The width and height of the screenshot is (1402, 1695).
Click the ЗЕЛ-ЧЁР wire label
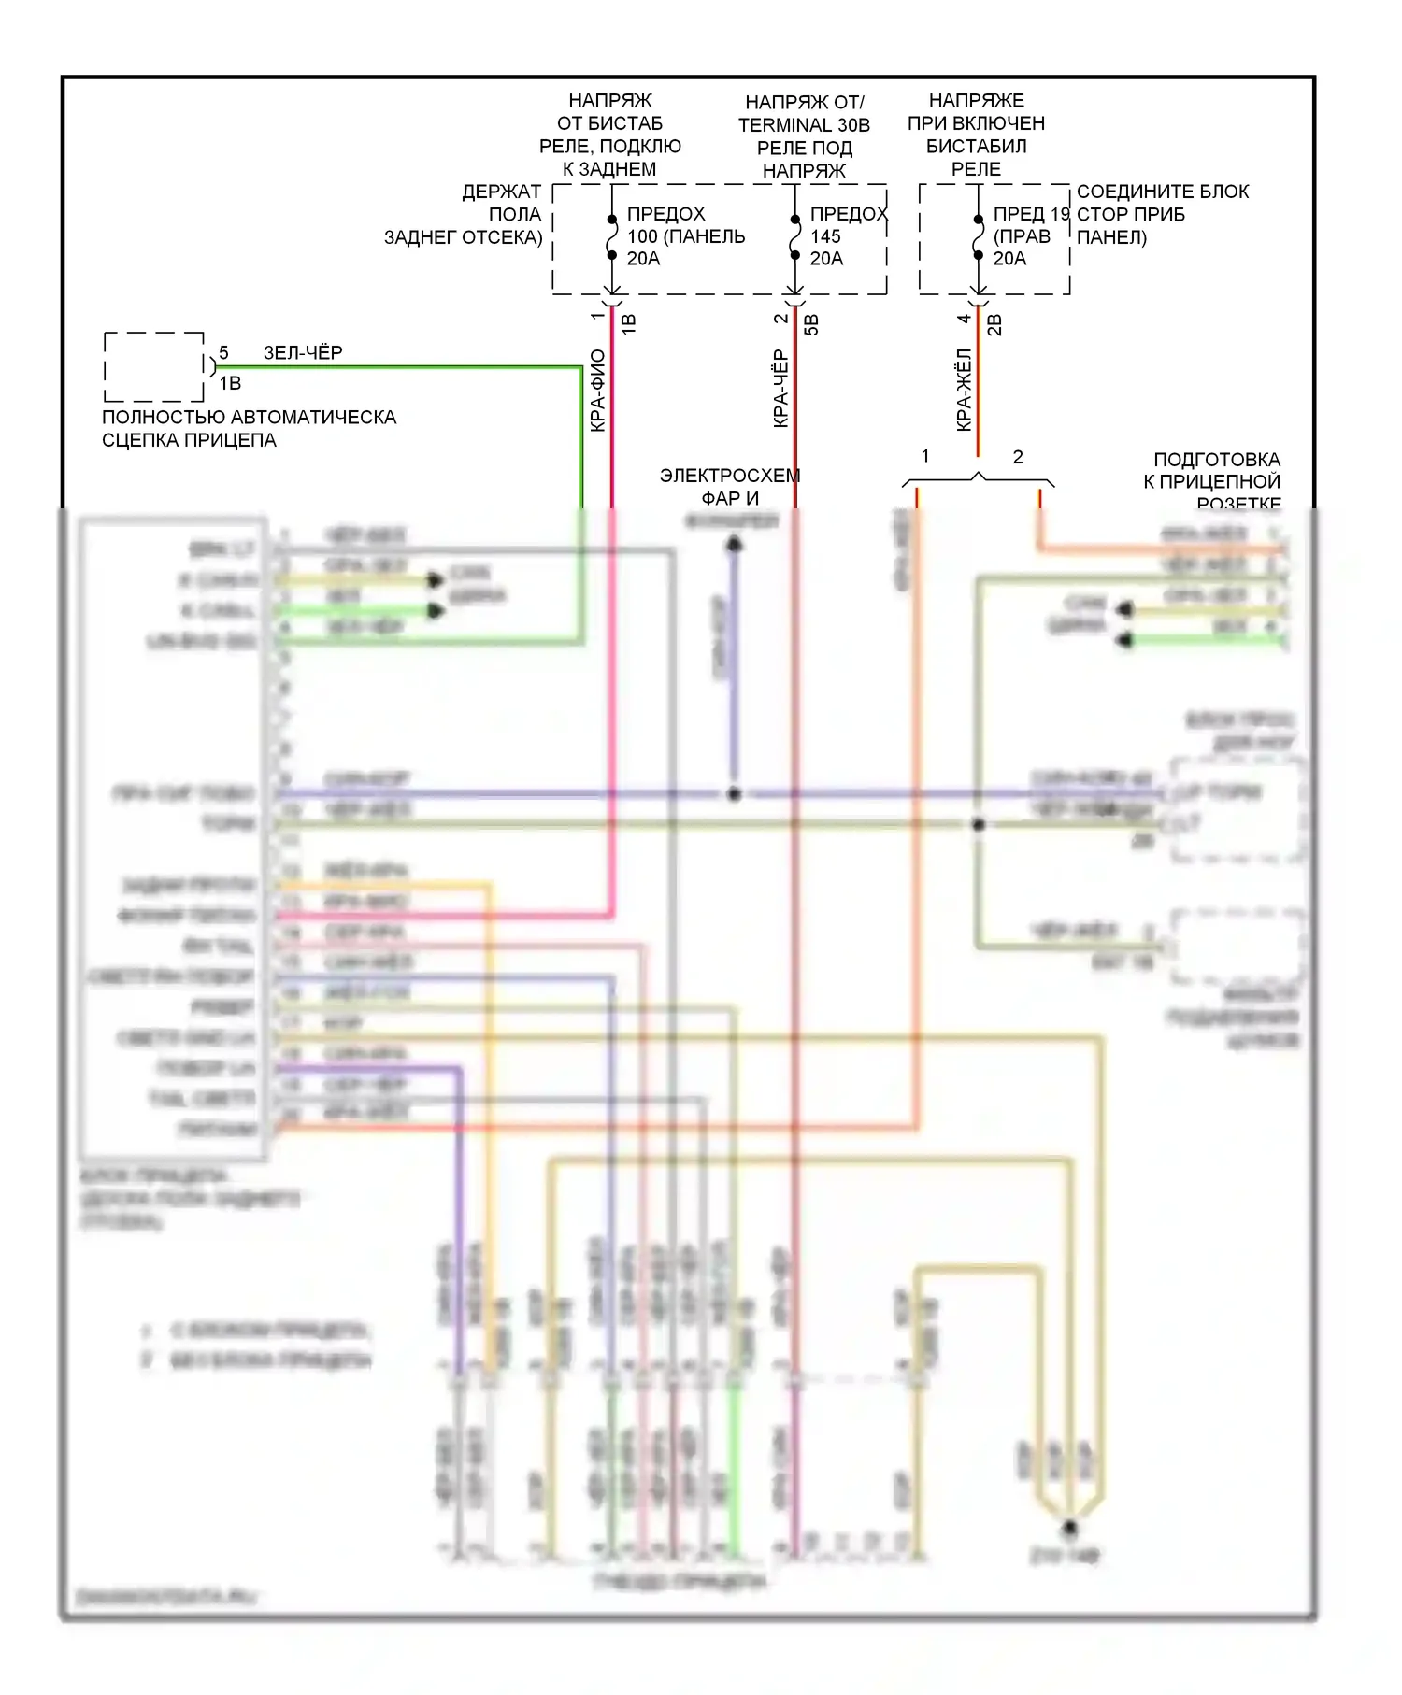[x=303, y=352]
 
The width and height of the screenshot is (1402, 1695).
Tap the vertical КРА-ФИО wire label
[x=598, y=391]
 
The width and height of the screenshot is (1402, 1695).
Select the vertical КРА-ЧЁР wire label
[x=781, y=389]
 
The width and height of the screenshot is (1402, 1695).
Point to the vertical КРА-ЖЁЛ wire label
[x=965, y=391]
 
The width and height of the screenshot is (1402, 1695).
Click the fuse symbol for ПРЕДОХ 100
[x=612, y=238]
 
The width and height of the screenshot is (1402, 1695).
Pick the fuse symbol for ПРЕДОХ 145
[x=795, y=238]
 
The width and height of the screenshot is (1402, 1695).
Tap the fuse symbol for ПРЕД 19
[x=979, y=238]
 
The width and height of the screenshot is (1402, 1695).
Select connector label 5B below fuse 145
[x=811, y=324]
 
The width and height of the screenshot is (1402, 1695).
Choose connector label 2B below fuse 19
[x=994, y=324]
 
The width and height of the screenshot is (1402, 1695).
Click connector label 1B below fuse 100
[x=628, y=324]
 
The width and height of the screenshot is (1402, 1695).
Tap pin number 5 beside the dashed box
[x=223, y=353]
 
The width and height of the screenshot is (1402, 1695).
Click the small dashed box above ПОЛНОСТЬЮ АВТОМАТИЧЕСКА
[x=154, y=366]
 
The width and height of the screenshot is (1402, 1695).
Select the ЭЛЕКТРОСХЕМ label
[x=730, y=476]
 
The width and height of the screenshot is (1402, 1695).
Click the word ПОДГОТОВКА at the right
[x=1217, y=460]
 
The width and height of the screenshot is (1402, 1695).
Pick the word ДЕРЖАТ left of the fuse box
[x=502, y=192]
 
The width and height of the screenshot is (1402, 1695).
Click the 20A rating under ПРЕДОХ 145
[x=826, y=259]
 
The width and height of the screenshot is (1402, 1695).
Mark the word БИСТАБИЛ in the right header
[x=977, y=147]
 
